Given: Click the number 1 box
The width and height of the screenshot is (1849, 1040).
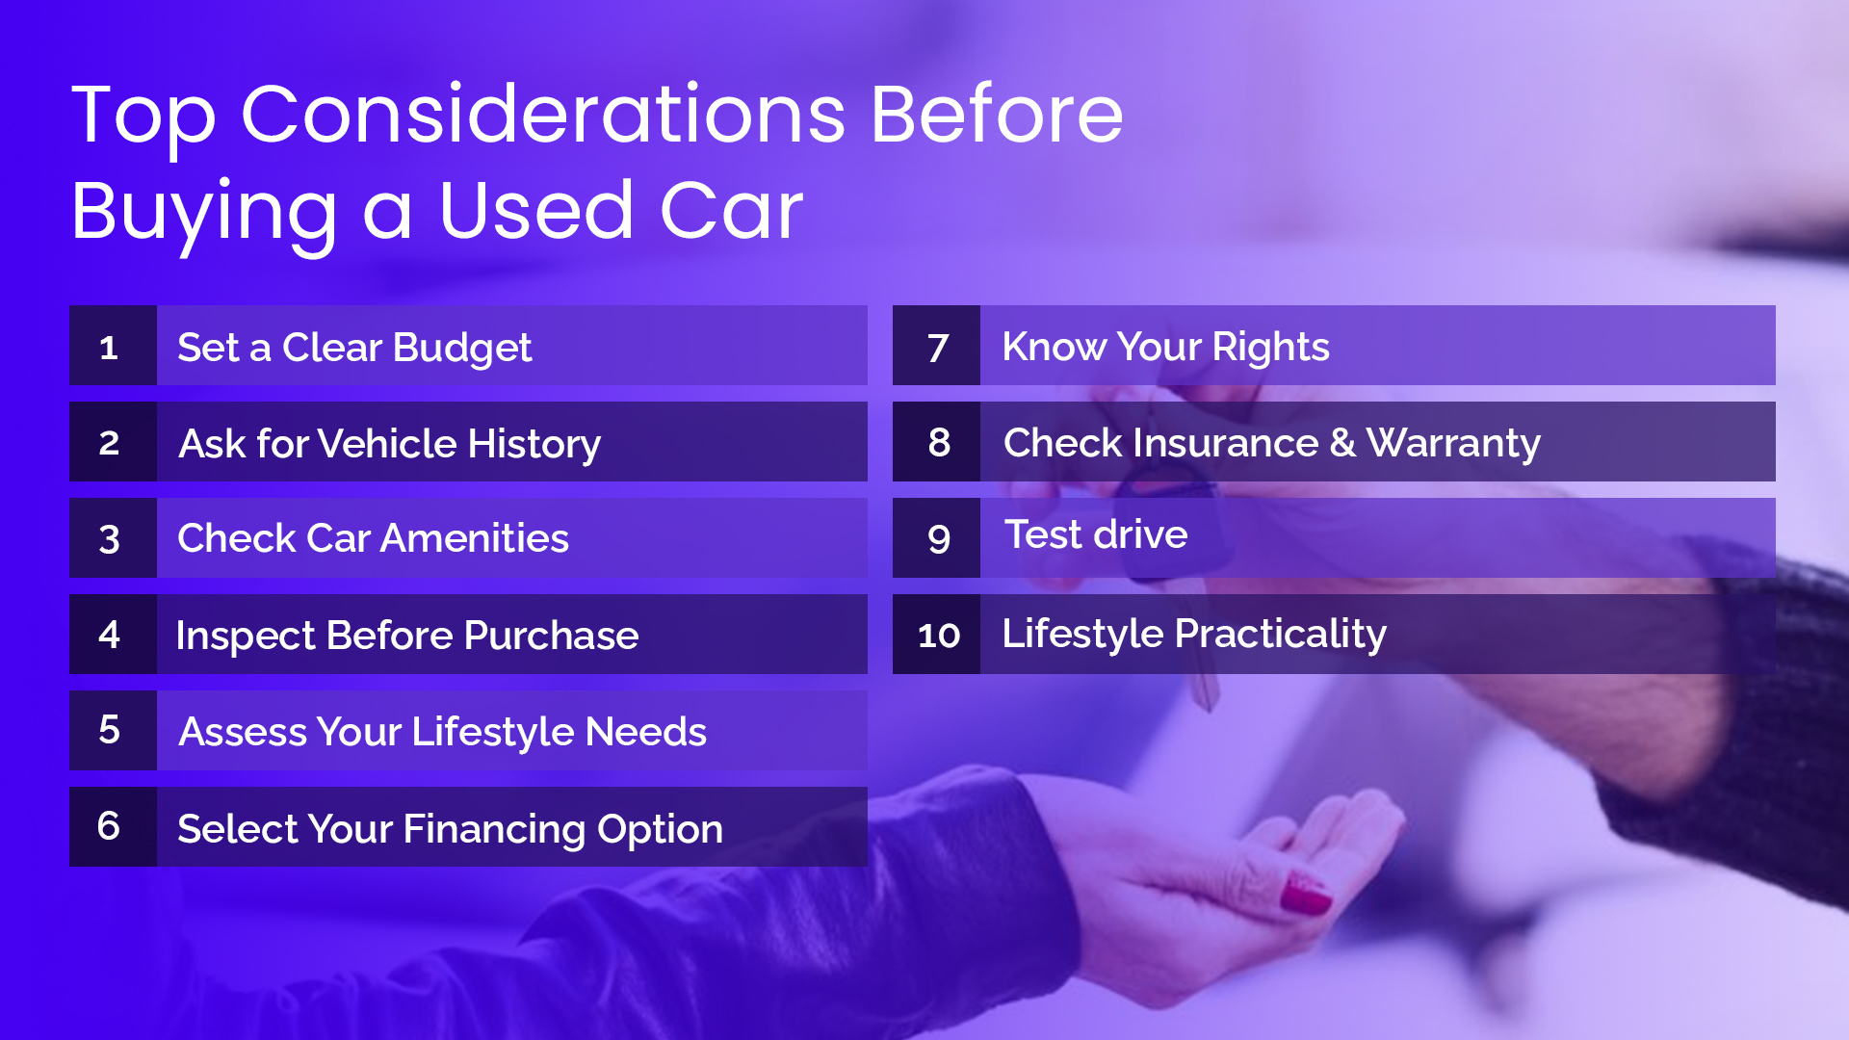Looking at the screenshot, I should pos(112,346).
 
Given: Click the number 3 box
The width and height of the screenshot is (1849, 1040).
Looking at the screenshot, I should pos(112,538).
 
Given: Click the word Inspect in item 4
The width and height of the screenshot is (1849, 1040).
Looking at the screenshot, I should pos(246,637).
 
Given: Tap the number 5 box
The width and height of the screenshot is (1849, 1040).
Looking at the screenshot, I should pos(112,731).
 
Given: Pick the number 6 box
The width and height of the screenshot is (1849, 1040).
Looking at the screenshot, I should pos(112,827).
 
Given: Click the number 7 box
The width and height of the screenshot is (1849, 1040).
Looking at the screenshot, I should pos(936,346).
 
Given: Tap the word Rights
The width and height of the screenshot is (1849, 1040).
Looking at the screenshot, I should pos(1270,348).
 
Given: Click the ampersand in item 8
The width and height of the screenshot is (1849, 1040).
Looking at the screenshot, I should pos(1341,443).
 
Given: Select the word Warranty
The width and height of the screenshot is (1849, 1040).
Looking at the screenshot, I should pos(1453,444).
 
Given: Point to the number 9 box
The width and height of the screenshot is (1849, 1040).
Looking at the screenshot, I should pos(936,538).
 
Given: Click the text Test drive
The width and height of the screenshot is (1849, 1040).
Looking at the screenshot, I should pos(1096,534).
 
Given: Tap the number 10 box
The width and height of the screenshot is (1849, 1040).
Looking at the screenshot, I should pos(936,635).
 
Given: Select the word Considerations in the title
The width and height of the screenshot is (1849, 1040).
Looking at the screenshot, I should pos(542,115).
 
